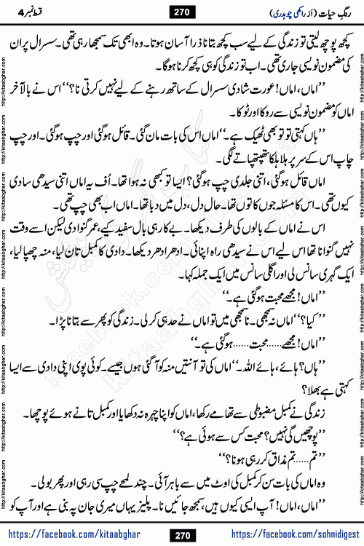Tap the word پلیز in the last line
click(169, 502)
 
